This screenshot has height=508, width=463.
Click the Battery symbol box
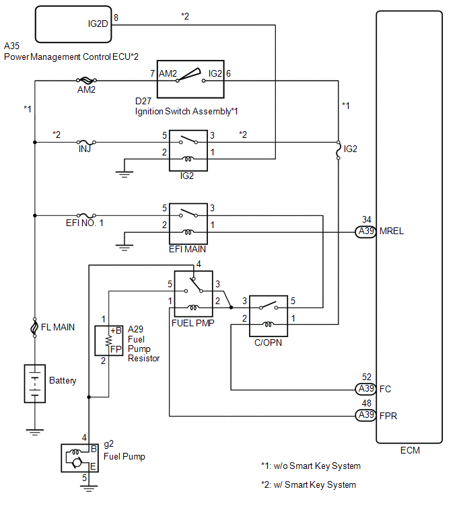(35, 384)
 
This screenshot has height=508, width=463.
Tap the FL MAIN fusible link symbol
(34, 328)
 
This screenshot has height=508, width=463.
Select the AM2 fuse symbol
(86, 80)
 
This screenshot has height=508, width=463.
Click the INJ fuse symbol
(86, 142)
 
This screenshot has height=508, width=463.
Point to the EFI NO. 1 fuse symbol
(86, 215)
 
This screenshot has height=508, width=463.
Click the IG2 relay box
(188, 151)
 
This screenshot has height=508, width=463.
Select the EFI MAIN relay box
(188, 223)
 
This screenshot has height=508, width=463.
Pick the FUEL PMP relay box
(193, 294)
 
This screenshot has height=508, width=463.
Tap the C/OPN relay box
(269, 316)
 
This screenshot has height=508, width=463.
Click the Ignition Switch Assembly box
(190, 79)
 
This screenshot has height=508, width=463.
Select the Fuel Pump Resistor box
(108, 341)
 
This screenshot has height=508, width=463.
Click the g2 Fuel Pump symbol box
(79, 458)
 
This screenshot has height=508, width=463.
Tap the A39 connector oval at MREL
(366, 231)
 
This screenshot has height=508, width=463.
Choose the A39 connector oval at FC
(366, 389)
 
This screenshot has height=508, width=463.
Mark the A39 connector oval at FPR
(366, 415)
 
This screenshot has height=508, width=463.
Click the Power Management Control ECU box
(73, 24)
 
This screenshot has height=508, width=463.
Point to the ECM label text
(410, 450)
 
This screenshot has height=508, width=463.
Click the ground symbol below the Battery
(35, 432)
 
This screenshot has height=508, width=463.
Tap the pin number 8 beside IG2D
(116, 17)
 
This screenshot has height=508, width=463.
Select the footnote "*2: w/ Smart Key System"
(308, 484)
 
